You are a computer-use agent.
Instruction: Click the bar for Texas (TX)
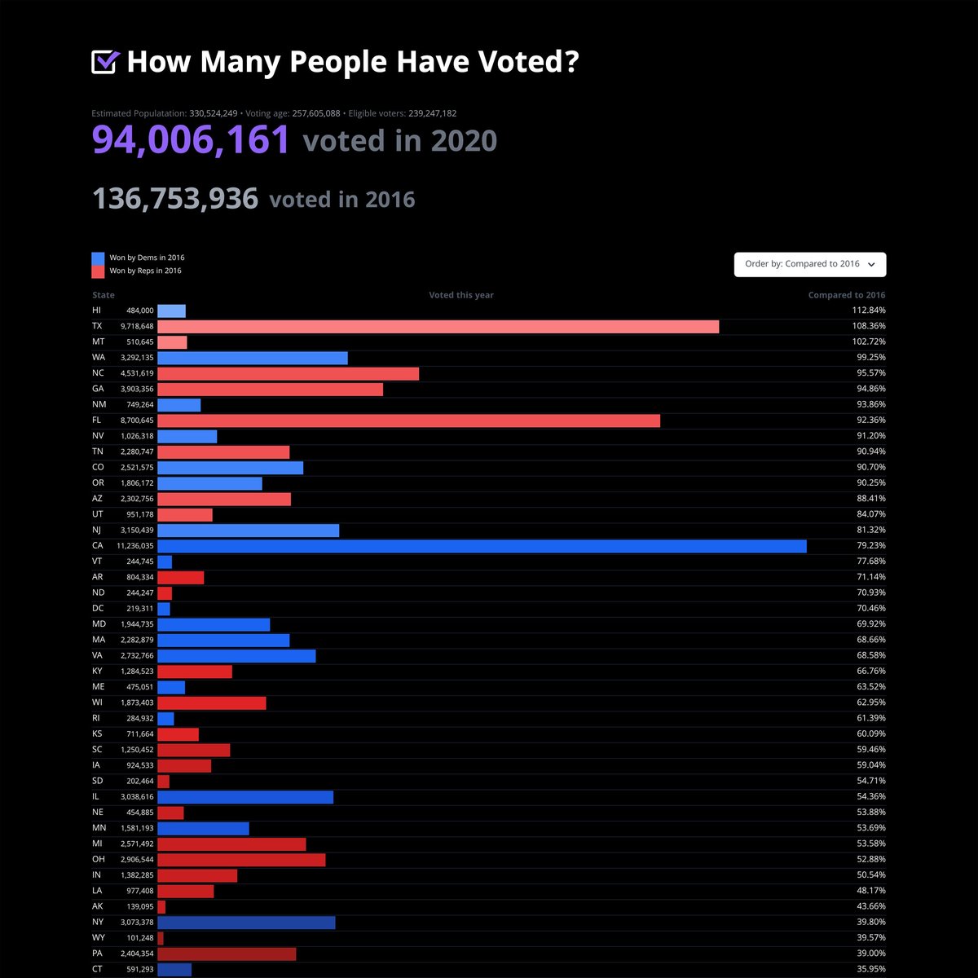pos(438,326)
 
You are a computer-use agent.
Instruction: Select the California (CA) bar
pos(482,546)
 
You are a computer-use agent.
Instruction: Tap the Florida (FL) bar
pos(408,421)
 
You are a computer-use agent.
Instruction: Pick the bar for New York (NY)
pos(246,923)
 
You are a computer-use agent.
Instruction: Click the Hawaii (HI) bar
pos(171,311)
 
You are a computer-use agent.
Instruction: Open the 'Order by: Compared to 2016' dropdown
pos(809,264)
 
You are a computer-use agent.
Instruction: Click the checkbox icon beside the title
pos(105,62)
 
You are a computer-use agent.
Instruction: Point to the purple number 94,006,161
pos(191,140)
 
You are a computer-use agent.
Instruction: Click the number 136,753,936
pos(175,199)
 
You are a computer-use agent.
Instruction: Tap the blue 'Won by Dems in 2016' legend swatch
pos(98,258)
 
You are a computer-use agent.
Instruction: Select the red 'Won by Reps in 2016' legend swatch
pos(98,271)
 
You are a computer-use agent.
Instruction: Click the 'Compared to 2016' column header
pos(846,295)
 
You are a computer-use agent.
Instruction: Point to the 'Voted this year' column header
pos(461,295)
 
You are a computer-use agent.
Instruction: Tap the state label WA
pos(98,358)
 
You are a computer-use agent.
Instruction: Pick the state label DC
pos(98,609)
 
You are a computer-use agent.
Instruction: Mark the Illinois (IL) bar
pos(245,797)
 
